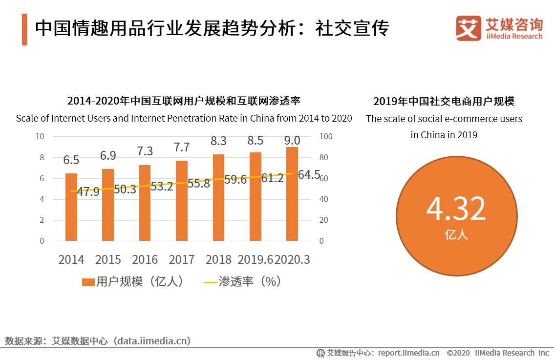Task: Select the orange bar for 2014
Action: (71, 207)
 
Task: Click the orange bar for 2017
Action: (182, 201)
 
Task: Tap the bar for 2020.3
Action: (292, 194)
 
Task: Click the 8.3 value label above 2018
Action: (218, 141)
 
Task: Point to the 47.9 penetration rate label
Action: (88, 191)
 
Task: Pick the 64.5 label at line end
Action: (309, 174)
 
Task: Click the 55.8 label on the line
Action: (198, 183)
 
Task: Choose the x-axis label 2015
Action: (108, 259)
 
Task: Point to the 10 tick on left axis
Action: (40, 136)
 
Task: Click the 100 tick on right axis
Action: (326, 136)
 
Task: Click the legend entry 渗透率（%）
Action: (243, 282)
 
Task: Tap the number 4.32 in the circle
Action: (456, 209)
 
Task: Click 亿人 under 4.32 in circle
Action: (456, 235)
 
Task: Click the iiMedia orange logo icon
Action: (469, 28)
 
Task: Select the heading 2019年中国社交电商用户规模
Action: (444, 102)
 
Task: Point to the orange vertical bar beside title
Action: (24, 29)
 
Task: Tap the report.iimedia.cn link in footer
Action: (408, 353)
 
